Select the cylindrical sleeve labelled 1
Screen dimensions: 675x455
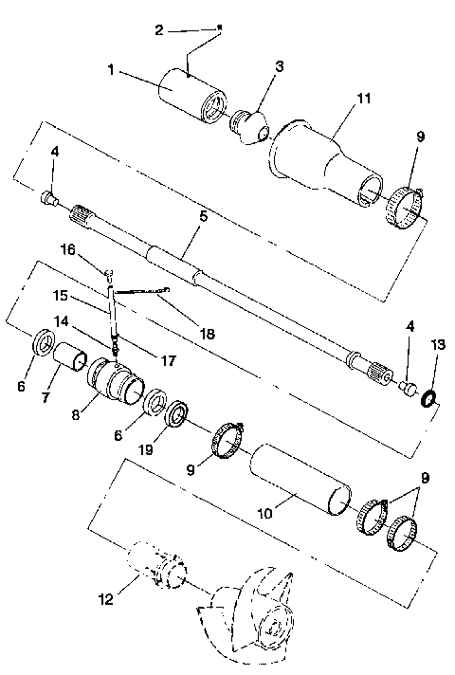194,92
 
